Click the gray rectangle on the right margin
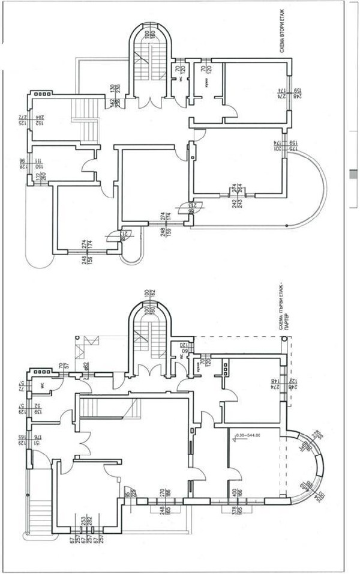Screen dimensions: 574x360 click(x=353, y=175)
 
